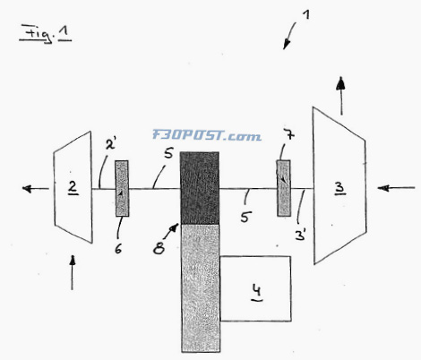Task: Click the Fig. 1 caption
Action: [46, 33]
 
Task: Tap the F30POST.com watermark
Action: [207, 135]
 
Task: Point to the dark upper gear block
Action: [200, 188]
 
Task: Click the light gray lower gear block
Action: [201, 288]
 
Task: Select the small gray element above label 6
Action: [122, 188]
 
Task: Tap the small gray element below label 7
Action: [283, 188]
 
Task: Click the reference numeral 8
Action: [159, 247]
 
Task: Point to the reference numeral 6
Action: [118, 249]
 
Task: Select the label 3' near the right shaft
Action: [301, 236]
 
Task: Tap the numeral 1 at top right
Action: [305, 15]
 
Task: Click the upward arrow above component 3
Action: [340, 96]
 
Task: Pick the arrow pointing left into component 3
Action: [396, 188]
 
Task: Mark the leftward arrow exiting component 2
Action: [36, 189]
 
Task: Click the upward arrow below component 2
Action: [72, 272]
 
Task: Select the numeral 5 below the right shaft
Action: [245, 218]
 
